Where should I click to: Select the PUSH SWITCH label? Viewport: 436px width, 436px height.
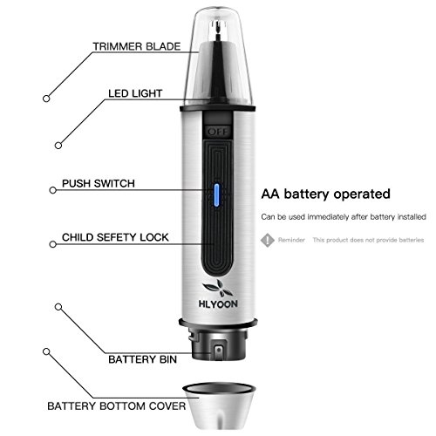click(97, 186)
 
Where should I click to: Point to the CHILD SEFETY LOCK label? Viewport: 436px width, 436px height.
click(114, 236)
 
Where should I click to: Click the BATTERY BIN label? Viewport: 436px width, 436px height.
click(139, 358)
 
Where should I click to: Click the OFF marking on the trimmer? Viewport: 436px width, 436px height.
click(215, 131)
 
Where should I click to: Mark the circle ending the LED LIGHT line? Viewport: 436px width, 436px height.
click(58, 145)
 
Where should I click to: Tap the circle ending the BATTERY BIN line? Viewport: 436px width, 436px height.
click(58, 307)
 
